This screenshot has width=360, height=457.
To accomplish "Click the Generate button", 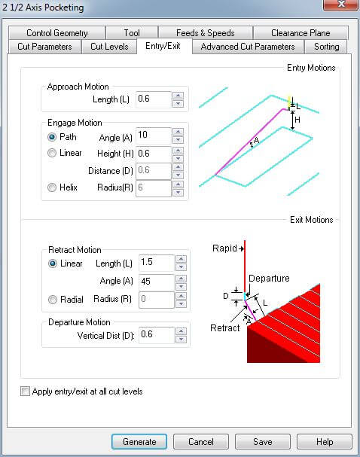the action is [x=139, y=441].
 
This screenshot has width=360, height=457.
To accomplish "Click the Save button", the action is [x=263, y=441].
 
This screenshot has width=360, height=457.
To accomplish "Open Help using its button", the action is [x=325, y=441].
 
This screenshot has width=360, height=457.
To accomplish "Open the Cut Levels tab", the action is [x=109, y=47].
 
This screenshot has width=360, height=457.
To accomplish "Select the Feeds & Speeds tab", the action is [x=205, y=33].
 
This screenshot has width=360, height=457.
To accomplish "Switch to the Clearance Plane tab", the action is [x=301, y=33].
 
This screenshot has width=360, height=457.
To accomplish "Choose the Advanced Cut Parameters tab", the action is [x=248, y=47].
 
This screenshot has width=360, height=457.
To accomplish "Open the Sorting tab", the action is [x=326, y=47].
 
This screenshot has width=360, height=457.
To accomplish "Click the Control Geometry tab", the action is [x=56, y=33].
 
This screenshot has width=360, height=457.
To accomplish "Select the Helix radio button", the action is [x=52, y=187].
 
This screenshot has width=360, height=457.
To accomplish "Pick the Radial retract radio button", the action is [x=53, y=300].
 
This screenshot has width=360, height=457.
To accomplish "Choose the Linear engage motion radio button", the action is [x=52, y=153].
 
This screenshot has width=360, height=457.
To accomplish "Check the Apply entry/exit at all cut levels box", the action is [x=25, y=391].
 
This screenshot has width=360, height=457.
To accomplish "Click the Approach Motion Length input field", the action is [x=154, y=99].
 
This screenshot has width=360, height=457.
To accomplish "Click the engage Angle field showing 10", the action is [x=154, y=136].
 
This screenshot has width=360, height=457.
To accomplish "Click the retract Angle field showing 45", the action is [x=156, y=282].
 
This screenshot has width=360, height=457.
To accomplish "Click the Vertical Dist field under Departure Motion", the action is [x=156, y=335].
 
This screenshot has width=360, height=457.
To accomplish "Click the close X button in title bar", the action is [x=340, y=5].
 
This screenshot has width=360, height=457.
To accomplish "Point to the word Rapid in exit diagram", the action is [x=224, y=248].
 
